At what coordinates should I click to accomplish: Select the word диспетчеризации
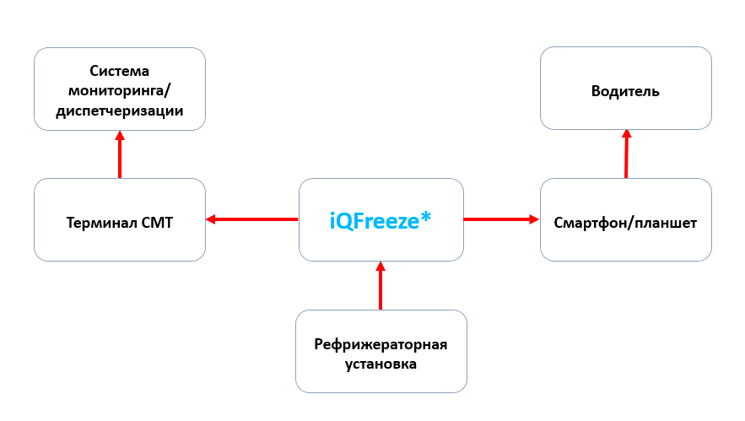pyautogui.click(x=120, y=111)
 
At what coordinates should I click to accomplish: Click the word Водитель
pyautogui.click(x=625, y=91)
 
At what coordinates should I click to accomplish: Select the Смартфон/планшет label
pyautogui.click(x=625, y=223)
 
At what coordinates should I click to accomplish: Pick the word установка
pyautogui.click(x=381, y=364)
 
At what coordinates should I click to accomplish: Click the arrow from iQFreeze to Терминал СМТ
pyautogui.click(x=253, y=220)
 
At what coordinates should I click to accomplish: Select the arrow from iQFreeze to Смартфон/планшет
pyautogui.click(x=501, y=219)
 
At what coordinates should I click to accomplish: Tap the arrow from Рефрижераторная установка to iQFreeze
pyautogui.click(x=381, y=287)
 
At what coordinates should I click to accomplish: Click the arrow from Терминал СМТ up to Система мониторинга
pyautogui.click(x=120, y=155)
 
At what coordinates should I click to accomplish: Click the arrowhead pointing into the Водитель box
pyautogui.click(x=626, y=133)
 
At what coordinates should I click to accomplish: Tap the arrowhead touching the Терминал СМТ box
pyautogui.click(x=211, y=220)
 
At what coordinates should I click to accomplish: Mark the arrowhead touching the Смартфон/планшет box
pyautogui.click(x=534, y=219)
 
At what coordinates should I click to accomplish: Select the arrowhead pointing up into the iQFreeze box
pyautogui.click(x=381, y=267)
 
